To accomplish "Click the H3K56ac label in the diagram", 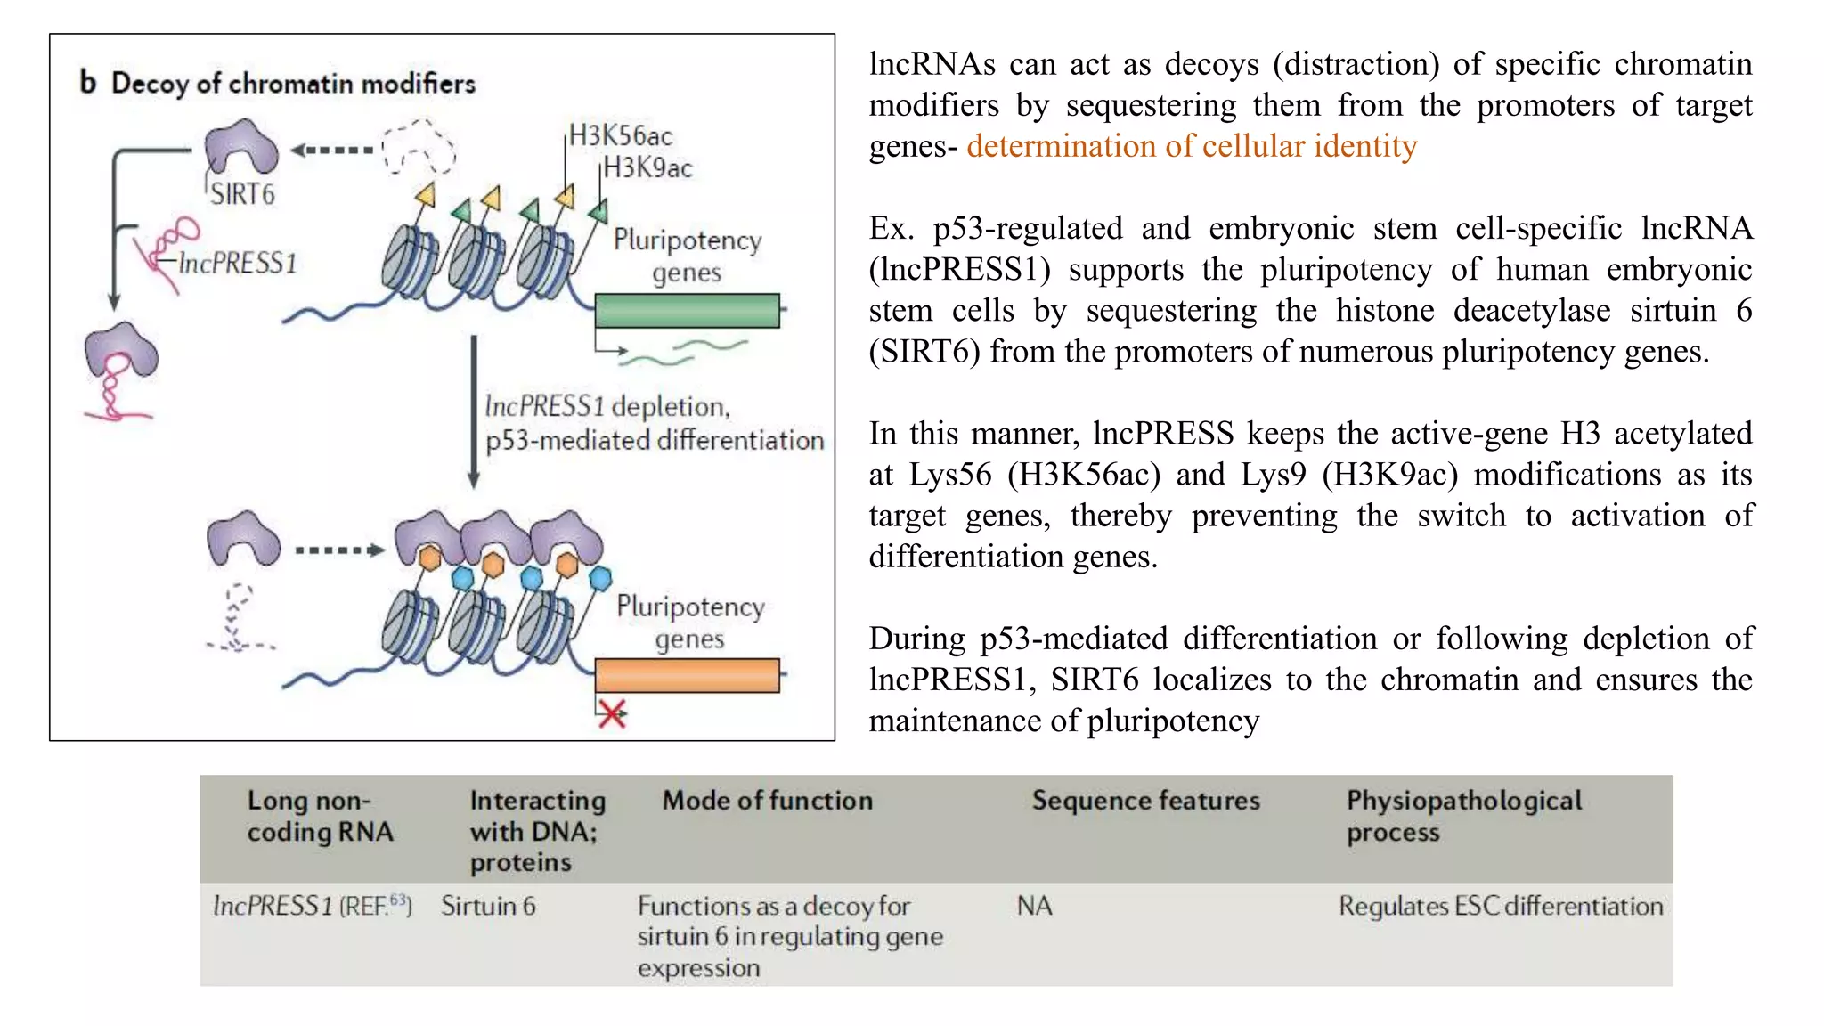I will coord(621,136).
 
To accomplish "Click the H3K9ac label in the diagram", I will coord(647,167).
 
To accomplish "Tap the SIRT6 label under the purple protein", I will coord(242,194).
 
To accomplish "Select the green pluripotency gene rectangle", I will coord(687,311).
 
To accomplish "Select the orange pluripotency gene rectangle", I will coord(687,675).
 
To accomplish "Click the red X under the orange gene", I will coord(613,713).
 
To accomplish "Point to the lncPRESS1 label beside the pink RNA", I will coord(237,264).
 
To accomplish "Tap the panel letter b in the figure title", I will coord(87,83).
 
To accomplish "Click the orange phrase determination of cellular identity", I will coord(1191,146).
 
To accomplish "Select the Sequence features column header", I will coord(1145,801).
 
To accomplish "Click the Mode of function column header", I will coord(767,801).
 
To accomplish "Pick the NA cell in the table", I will coord(1034,906).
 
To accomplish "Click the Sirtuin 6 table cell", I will coord(488,906).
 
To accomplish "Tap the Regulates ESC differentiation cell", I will coord(1500,906).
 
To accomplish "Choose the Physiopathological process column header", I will coord(1463,816).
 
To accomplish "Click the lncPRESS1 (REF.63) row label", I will coord(312,906).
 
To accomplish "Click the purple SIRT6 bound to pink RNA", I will coord(121,352).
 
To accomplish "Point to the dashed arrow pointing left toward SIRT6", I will coord(332,150).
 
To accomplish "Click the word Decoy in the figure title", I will coord(150,84).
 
